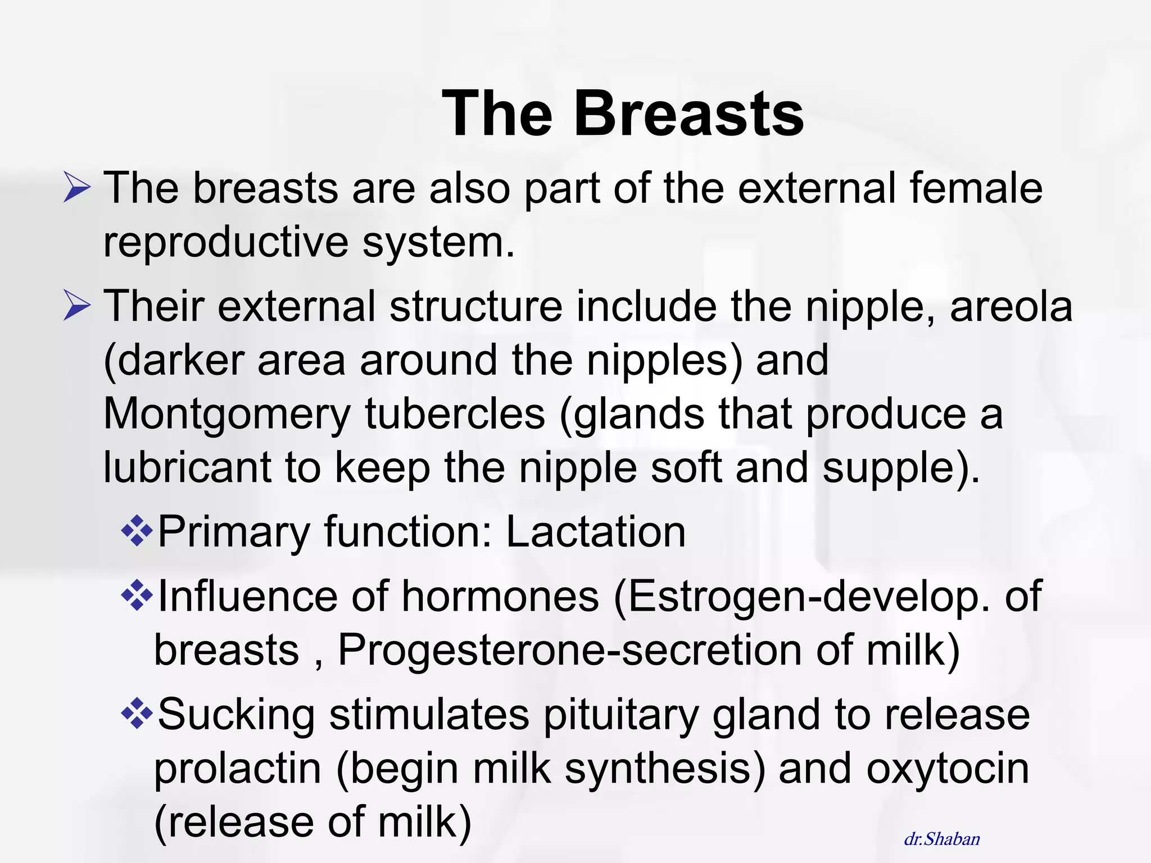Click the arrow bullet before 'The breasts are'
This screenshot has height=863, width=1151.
point(76,188)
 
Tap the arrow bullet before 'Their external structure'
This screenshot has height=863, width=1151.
point(76,306)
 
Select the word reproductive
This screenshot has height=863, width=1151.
point(226,243)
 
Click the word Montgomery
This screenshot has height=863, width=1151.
point(227,415)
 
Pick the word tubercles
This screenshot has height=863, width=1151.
point(455,414)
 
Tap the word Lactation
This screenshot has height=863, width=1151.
point(596,532)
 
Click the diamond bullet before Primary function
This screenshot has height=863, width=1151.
point(137,530)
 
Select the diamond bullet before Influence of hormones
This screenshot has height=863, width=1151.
point(137,596)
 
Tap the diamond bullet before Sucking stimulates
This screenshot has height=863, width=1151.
point(137,714)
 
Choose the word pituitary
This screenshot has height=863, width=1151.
point(620,716)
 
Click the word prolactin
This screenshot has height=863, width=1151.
point(237,769)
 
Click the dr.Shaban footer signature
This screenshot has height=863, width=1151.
point(942,839)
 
